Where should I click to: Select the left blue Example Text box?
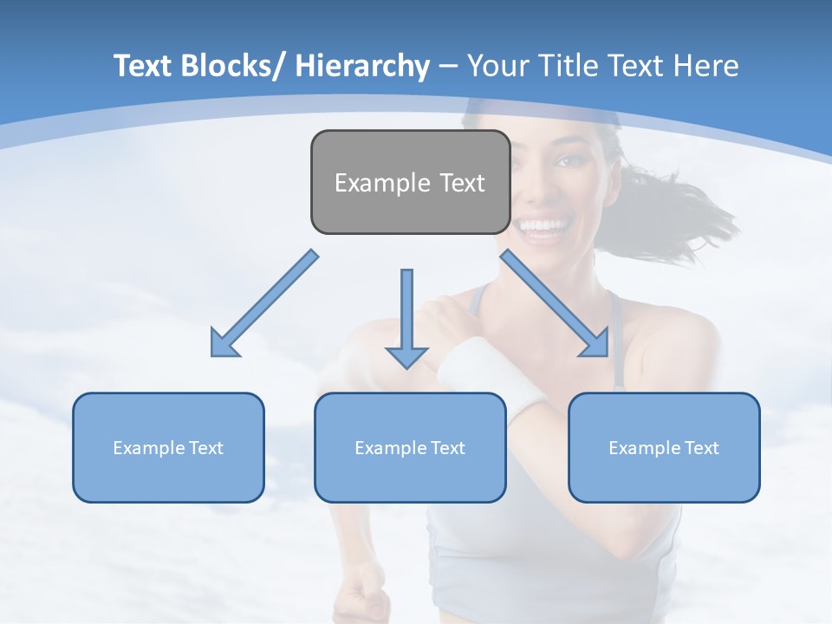(168, 447)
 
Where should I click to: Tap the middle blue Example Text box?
(410, 447)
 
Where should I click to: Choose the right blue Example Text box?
(664, 447)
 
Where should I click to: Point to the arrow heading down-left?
(264, 304)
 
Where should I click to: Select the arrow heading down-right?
(556, 304)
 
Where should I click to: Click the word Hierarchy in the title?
(362, 66)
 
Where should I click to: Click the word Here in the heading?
(705, 66)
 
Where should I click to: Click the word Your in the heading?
(498, 66)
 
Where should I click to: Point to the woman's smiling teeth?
(544, 227)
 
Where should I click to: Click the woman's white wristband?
(477, 368)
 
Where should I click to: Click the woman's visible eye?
(569, 161)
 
